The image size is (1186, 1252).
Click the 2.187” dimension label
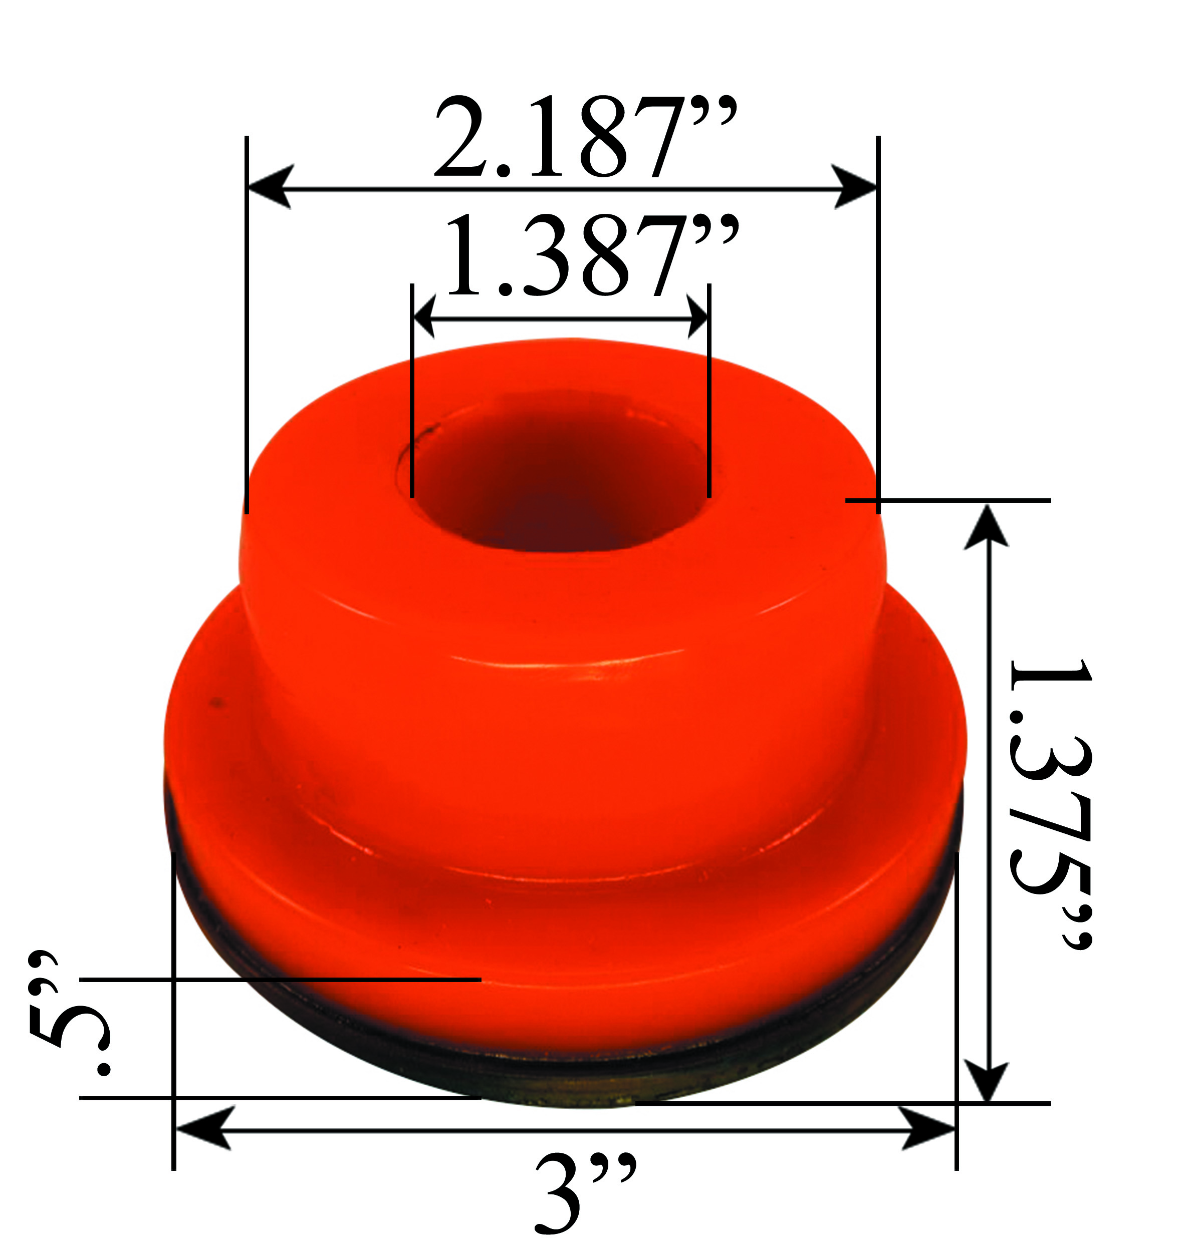(585, 137)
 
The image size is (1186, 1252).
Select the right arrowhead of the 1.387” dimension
(697, 318)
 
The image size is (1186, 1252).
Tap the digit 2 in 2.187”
(464, 137)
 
